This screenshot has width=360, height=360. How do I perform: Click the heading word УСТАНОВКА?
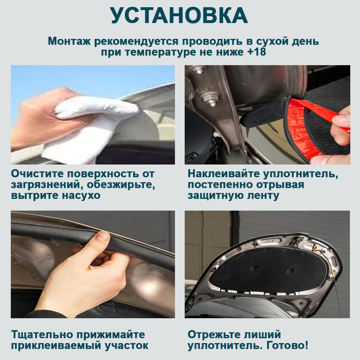pyautogui.click(x=179, y=15)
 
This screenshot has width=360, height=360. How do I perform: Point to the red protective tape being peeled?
pyautogui.click(x=317, y=129)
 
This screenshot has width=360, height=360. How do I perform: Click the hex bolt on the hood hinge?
pyautogui.click(x=211, y=99)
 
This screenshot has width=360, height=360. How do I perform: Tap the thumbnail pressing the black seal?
pyautogui.click(x=102, y=236)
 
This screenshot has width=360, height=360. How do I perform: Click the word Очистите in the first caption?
pyautogui.click(x=37, y=174)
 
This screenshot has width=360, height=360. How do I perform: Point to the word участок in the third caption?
pyautogui.click(x=126, y=346)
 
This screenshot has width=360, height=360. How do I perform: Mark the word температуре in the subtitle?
pyautogui.click(x=161, y=52)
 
